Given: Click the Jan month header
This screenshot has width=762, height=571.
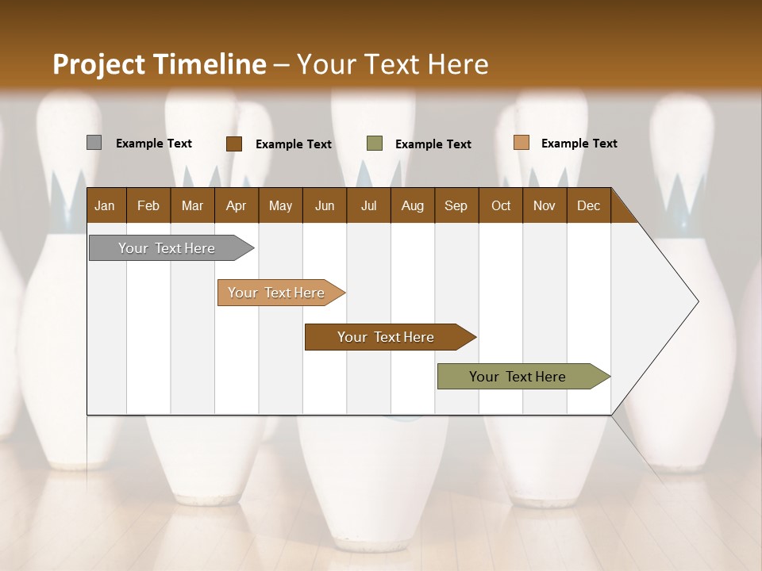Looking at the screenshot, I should (x=105, y=205).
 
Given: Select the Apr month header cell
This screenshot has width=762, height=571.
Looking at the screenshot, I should (x=236, y=205).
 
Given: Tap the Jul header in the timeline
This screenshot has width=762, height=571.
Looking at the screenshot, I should (x=368, y=205).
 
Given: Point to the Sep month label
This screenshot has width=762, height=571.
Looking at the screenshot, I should (x=456, y=205).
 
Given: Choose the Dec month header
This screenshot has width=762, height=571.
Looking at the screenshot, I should (x=588, y=205).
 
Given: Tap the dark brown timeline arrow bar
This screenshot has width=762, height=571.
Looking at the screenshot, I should (x=387, y=337).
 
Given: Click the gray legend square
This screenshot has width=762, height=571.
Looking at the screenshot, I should (x=94, y=143).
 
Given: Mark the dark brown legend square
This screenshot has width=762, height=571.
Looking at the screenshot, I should (x=233, y=144).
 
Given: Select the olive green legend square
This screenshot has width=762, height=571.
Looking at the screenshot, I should (x=375, y=144).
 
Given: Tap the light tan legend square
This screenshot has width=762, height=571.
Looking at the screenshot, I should (x=521, y=143).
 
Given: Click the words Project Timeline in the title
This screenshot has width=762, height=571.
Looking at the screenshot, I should (x=159, y=63).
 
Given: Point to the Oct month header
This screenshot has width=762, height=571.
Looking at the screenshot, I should (x=501, y=205).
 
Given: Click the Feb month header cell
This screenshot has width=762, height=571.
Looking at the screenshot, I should (x=148, y=205).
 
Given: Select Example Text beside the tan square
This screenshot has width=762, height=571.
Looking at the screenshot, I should (x=579, y=144).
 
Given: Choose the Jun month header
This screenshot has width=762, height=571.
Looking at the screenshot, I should (x=325, y=205).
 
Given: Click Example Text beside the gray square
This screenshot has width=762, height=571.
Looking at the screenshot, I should (x=154, y=144).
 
